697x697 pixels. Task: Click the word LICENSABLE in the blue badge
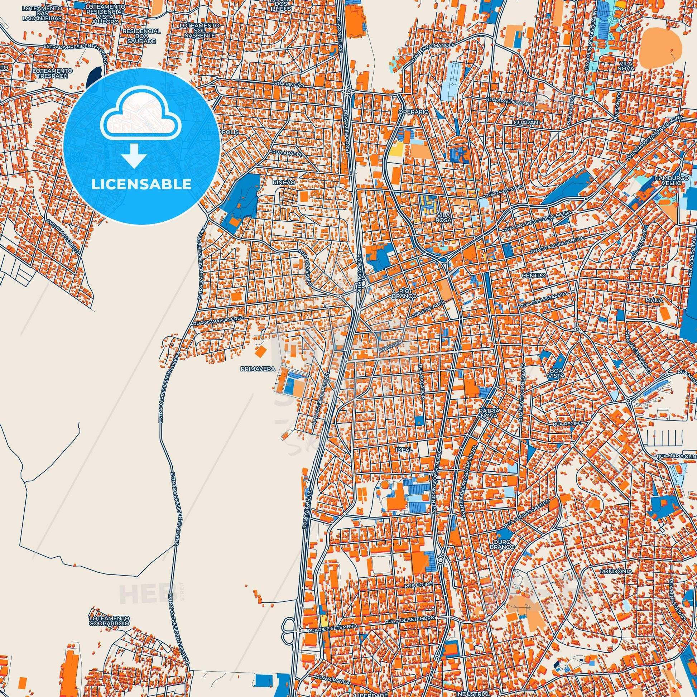[141, 184]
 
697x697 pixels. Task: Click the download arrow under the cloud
[134, 155]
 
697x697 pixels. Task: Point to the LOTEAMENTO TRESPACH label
[52, 73]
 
